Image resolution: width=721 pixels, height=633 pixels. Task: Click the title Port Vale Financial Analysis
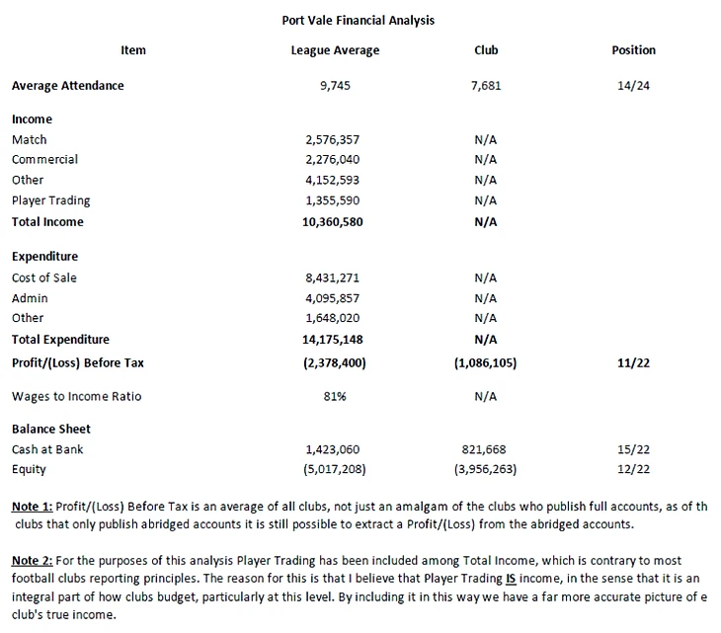pos(358,20)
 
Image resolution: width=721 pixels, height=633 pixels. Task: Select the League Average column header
pos(335,50)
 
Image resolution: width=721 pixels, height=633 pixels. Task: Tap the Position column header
pos(633,50)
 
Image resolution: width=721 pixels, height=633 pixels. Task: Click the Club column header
pos(486,50)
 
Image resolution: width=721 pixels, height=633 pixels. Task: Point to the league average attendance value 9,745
pos(335,86)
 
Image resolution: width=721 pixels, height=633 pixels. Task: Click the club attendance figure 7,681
pos(486,86)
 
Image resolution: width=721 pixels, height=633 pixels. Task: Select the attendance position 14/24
pos(633,86)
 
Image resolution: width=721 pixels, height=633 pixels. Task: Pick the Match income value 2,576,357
pos(335,140)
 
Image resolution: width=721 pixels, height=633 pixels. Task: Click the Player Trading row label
pos(50,201)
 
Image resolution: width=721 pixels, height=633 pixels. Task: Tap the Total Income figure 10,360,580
pos(335,222)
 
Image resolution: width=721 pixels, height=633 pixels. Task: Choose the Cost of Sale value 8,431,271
pos(335,278)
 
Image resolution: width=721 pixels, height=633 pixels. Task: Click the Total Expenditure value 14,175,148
pos(335,340)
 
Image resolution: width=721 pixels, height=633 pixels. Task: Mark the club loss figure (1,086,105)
pos(486,363)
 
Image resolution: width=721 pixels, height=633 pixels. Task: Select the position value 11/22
pos(633,363)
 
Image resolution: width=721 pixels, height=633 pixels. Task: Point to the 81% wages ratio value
pos(335,397)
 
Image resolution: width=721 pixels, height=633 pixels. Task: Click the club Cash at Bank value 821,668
pos(486,449)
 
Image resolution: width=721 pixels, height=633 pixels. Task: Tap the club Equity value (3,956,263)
pos(486,469)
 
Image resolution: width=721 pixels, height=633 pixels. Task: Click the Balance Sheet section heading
pos(51,430)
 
